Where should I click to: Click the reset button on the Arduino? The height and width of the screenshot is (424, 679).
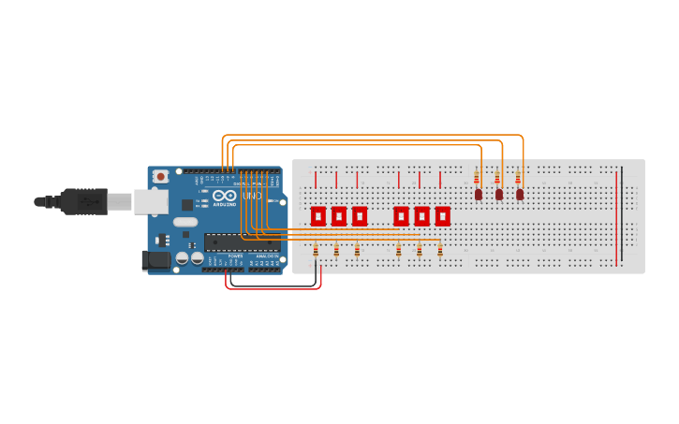click(x=160, y=176)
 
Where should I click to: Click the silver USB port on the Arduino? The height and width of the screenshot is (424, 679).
click(x=150, y=201)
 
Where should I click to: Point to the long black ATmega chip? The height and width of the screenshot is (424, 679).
click(x=241, y=242)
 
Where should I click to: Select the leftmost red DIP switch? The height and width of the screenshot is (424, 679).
click(x=318, y=216)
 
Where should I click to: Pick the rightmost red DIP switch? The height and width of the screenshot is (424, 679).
click(x=442, y=216)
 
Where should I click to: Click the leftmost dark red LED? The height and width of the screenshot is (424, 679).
click(x=478, y=194)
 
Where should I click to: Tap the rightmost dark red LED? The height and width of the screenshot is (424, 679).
click(x=520, y=194)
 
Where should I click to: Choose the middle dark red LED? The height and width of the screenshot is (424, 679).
click(x=498, y=194)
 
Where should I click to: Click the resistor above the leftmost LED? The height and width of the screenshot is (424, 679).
click(x=476, y=178)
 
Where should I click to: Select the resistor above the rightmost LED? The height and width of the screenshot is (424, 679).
click(x=518, y=178)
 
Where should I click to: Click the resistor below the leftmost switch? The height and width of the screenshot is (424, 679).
click(x=316, y=250)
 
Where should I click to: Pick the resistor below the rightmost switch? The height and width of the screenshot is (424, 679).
click(x=440, y=250)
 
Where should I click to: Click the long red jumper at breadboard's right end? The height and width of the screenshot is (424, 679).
click(x=616, y=217)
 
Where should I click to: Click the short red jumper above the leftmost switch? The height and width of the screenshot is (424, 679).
click(x=316, y=180)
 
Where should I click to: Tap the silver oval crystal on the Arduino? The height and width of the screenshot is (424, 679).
click(x=185, y=223)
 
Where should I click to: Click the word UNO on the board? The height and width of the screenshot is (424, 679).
click(x=252, y=196)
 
